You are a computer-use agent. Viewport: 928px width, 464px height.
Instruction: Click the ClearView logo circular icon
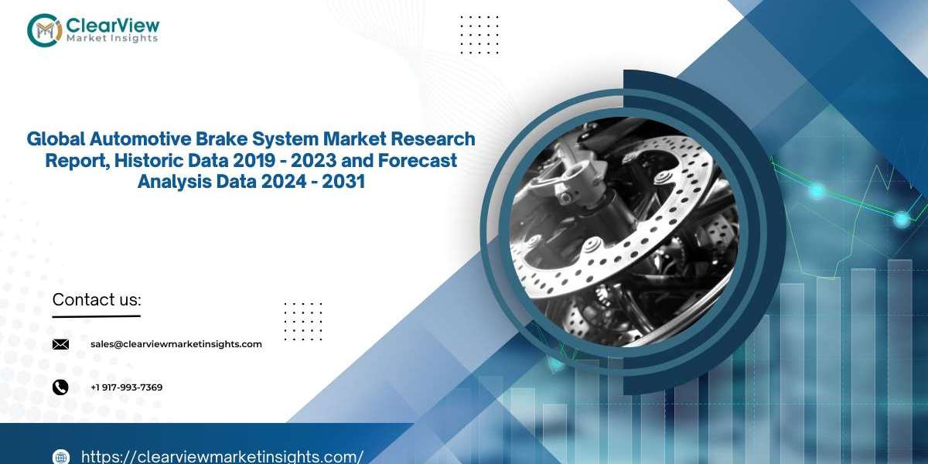[x=44, y=30]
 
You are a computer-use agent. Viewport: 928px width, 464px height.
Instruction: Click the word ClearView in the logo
[x=113, y=26]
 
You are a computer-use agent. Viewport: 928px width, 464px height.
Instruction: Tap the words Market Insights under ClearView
[x=112, y=38]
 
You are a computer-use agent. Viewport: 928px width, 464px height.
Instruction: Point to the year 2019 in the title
[x=254, y=160]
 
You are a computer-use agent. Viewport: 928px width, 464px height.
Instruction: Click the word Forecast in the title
[x=417, y=160]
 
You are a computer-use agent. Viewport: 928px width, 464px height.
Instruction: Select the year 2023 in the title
[x=312, y=160]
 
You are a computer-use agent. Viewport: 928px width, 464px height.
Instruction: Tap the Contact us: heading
[x=97, y=299]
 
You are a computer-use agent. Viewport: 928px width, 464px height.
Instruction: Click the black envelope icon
[x=60, y=344]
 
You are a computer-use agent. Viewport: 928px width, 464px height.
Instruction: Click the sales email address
[x=176, y=344]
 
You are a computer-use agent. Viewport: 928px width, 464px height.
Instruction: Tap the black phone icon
[x=60, y=387]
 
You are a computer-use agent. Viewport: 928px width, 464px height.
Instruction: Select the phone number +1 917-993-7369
[x=127, y=387]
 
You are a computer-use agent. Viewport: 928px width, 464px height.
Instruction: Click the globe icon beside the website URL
[x=61, y=456]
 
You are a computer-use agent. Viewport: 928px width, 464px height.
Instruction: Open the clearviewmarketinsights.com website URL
[x=223, y=456]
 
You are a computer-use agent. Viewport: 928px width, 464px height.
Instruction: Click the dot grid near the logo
[x=479, y=35]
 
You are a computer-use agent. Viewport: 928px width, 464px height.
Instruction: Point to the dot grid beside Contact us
[x=303, y=322]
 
